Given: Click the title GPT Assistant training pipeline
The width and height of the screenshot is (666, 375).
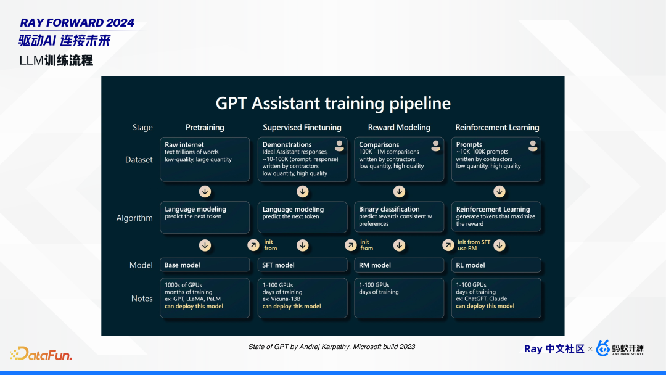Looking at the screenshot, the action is click(333, 104).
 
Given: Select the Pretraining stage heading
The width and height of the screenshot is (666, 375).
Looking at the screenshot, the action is click(205, 128).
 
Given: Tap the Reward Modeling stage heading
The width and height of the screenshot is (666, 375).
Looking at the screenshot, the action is click(399, 128).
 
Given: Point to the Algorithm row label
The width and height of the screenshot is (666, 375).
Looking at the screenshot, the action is click(134, 218).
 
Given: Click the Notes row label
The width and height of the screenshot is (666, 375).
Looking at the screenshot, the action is click(142, 299).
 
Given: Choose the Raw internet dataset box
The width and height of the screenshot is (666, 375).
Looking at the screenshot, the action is click(205, 159).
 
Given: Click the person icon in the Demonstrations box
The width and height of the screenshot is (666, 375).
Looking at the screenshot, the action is click(339, 146).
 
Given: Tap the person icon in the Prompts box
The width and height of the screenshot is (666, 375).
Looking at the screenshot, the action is click(533, 146).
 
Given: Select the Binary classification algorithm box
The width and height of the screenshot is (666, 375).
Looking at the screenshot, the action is click(399, 217).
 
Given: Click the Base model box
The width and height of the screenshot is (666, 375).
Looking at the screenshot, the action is click(205, 265).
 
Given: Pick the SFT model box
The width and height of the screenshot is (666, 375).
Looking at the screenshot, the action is click(302, 265).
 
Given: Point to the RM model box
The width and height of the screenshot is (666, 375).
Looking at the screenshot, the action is click(399, 265).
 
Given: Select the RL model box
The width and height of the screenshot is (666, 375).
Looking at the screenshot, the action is click(496, 265).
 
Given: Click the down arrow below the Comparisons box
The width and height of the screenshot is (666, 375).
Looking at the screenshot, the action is click(399, 192).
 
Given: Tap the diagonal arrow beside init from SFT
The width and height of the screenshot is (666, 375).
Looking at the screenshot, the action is click(448, 245).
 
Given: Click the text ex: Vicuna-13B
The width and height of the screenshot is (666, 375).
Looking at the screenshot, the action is click(281, 299).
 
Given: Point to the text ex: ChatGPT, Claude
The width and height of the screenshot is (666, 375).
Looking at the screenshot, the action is click(481, 299).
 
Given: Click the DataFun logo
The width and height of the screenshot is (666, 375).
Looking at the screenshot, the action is click(41, 354).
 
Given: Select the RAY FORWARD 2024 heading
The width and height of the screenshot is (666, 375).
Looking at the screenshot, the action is click(77, 22).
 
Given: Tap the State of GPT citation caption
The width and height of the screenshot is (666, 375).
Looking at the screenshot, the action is click(332, 347).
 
